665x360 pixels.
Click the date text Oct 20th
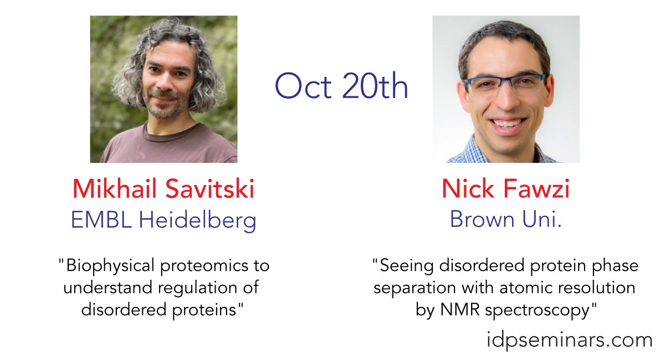[x=341, y=86]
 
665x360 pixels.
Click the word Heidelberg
[x=197, y=221]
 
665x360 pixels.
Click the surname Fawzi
[x=537, y=189]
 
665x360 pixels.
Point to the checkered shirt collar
[x=477, y=150]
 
